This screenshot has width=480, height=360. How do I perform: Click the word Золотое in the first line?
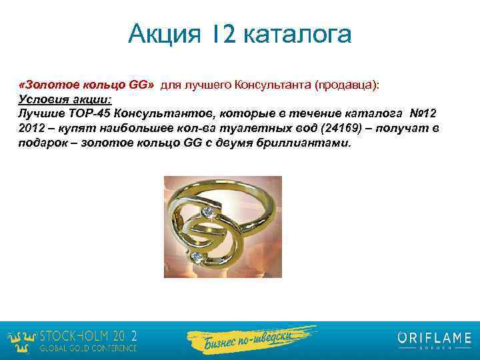(52, 85)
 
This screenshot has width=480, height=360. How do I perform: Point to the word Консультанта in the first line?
(272, 85)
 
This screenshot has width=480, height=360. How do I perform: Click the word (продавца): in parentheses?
(347, 85)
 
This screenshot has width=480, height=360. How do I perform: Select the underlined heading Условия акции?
(65, 99)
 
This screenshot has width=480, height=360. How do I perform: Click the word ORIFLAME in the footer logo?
(434, 337)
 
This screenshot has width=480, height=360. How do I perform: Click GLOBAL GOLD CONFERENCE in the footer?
(89, 348)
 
